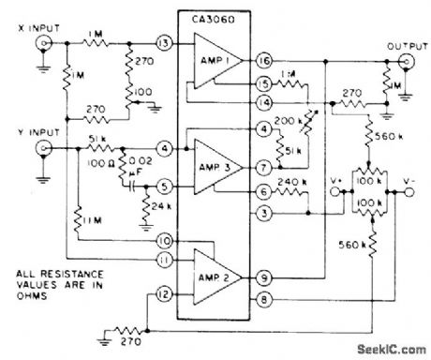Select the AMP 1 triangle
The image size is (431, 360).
(215, 63)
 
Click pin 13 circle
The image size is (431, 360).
(164, 44)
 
